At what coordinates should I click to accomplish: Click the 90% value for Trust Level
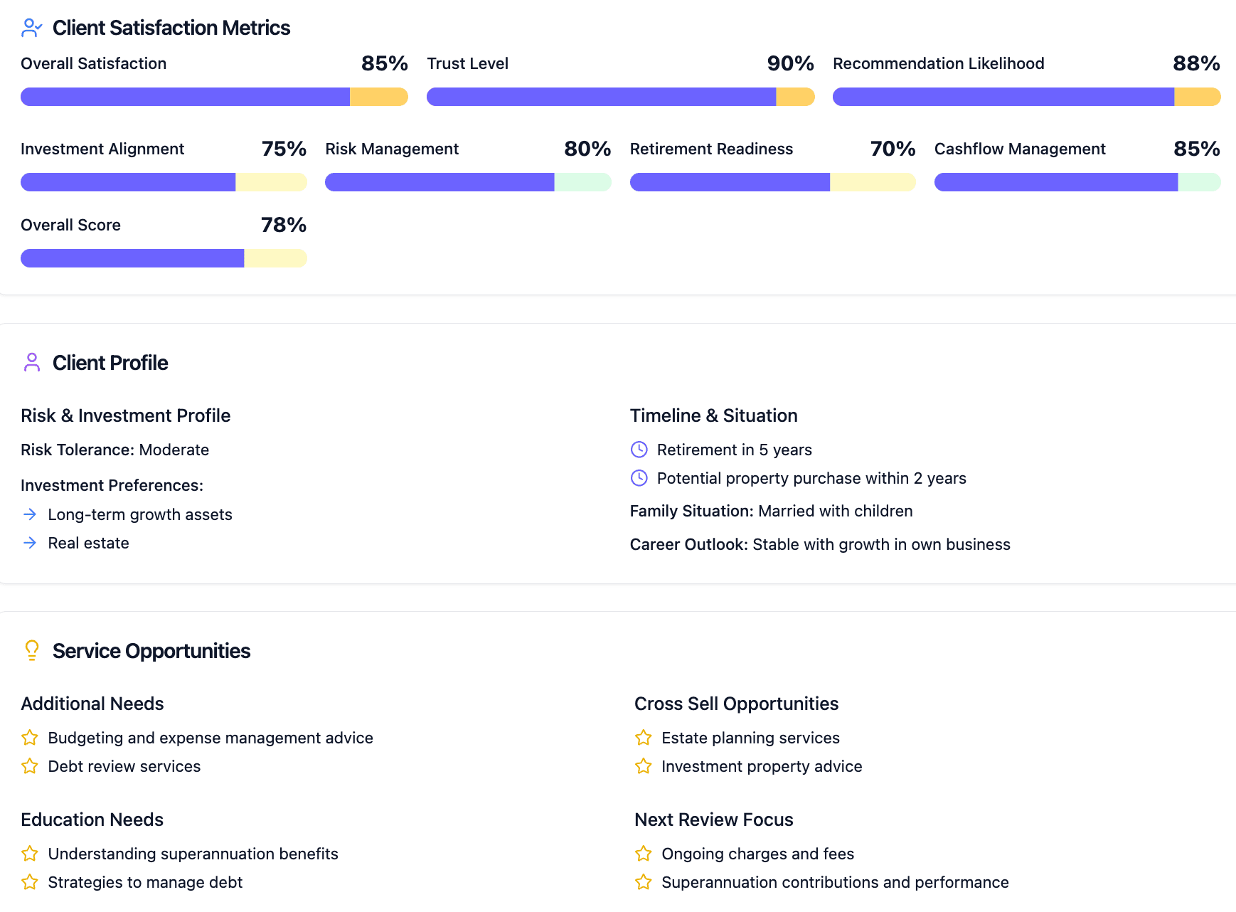point(790,63)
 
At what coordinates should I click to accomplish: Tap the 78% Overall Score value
point(283,225)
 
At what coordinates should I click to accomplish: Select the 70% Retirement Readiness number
point(893,149)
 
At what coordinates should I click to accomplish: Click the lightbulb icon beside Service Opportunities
point(32,650)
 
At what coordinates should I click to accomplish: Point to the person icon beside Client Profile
point(32,362)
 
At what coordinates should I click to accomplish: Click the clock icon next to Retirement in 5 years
point(639,450)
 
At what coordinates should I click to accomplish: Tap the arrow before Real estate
point(30,543)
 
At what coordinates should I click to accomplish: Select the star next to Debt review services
point(30,766)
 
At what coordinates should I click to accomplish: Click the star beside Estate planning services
point(644,738)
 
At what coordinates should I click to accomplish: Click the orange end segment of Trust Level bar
point(794,97)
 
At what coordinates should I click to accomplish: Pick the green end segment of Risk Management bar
point(582,182)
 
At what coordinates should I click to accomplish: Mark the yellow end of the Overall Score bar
point(275,258)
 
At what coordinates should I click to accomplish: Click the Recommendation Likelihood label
point(938,63)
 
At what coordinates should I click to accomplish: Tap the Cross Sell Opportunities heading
point(736,704)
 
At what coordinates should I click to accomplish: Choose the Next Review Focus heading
point(713,820)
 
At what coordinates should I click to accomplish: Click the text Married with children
point(835,511)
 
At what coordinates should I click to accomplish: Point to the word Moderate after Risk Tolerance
point(174,450)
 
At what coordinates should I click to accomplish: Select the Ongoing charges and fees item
point(757,854)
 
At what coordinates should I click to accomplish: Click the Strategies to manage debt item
point(145,882)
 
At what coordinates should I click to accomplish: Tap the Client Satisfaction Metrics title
point(171,28)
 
